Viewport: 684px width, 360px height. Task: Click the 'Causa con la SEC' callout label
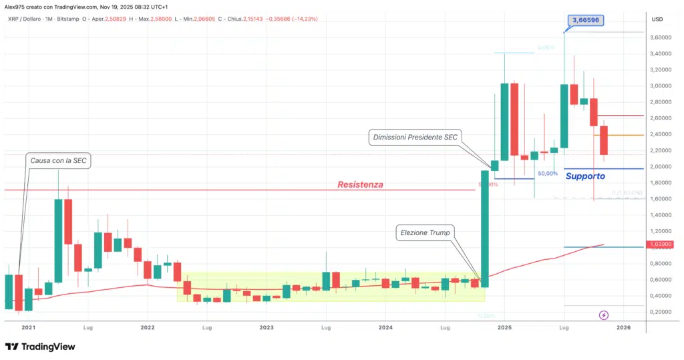[x=58, y=160]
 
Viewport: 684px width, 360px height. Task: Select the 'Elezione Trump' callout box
[x=425, y=232]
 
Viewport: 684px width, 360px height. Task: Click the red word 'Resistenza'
[x=360, y=184]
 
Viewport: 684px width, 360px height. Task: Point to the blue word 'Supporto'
[x=585, y=176]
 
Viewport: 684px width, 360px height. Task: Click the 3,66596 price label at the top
[x=585, y=20]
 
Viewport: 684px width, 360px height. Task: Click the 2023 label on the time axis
[x=267, y=328]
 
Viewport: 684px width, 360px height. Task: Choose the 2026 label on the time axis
[x=623, y=328]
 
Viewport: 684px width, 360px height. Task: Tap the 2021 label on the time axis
[x=28, y=328]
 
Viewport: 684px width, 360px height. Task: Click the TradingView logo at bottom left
[x=40, y=347]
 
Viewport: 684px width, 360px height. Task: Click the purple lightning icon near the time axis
[x=604, y=315]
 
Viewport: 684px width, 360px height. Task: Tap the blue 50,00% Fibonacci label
[x=547, y=173]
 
